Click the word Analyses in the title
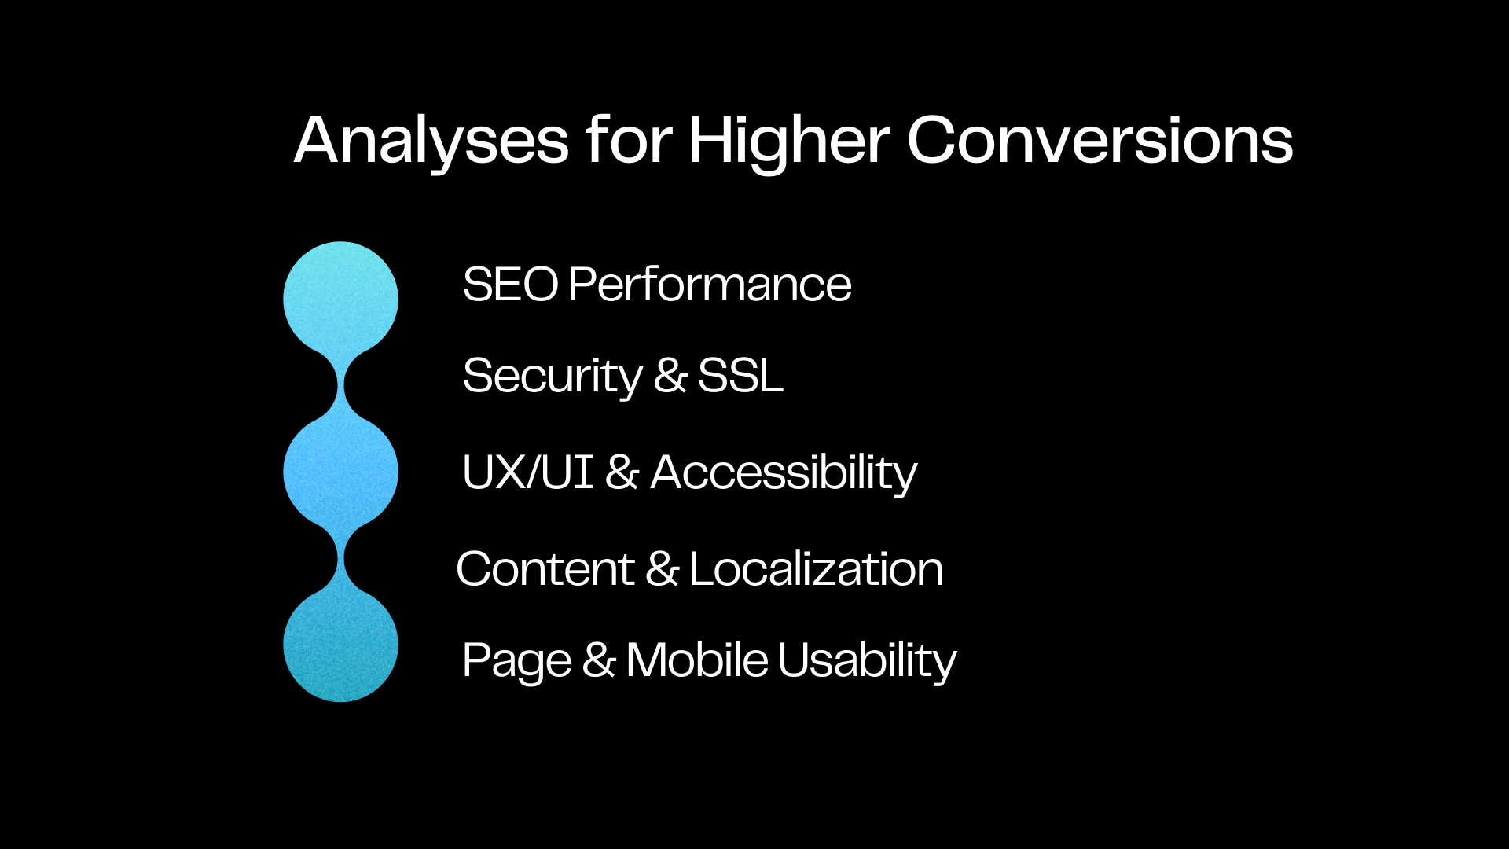pyautogui.click(x=431, y=141)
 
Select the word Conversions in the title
pyautogui.click(x=1100, y=140)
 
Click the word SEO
pyautogui.click(x=510, y=284)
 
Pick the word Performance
pyautogui.click(x=710, y=284)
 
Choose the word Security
pyautogui.click(x=553, y=377)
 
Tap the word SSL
pyautogui.click(x=740, y=376)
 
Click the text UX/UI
pyautogui.click(x=527, y=472)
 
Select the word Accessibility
pyautogui.click(x=784, y=473)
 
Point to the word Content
pyautogui.click(x=545, y=569)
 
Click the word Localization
pyautogui.click(x=816, y=569)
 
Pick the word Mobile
pyautogui.click(x=697, y=660)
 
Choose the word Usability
pyautogui.click(x=868, y=661)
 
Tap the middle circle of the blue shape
pyautogui.click(x=340, y=472)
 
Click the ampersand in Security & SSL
pyautogui.click(x=670, y=376)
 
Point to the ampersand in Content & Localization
pyautogui.click(x=662, y=569)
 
